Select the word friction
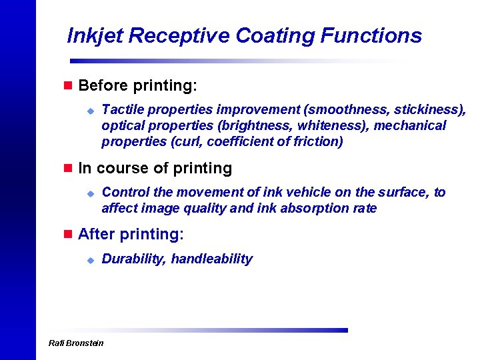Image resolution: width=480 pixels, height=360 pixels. point(317,141)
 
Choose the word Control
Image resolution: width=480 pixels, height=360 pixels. point(125,192)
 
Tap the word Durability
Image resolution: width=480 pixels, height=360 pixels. point(133,259)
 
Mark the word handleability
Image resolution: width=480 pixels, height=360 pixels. point(212,259)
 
